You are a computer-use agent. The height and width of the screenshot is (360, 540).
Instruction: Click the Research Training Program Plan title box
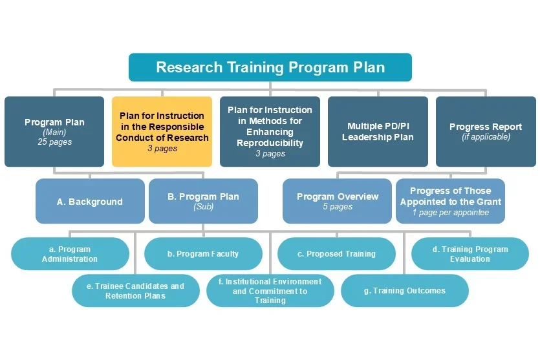[270, 67]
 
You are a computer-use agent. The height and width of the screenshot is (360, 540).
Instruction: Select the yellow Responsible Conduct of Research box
[162, 132]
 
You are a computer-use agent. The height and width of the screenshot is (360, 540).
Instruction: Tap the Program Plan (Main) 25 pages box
[54, 132]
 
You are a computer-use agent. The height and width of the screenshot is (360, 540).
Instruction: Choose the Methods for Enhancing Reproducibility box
[270, 132]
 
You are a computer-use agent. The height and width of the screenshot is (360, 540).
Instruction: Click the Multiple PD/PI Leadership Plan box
[378, 132]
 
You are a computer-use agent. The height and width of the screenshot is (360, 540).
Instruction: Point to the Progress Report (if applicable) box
[486, 132]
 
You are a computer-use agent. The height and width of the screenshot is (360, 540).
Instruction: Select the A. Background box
[89, 202]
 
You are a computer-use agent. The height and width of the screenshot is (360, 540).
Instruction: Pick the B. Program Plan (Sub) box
[203, 202]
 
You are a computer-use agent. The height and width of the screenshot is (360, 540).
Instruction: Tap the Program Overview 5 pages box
[337, 202]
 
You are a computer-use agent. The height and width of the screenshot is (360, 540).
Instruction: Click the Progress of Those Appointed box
[450, 202]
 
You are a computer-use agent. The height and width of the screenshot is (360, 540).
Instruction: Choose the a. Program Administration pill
[70, 254]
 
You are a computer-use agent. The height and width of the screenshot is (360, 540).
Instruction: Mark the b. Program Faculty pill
[202, 254]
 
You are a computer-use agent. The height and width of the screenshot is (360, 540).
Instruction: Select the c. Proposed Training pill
[336, 254]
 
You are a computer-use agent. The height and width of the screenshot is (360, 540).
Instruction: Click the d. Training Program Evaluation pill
[470, 254]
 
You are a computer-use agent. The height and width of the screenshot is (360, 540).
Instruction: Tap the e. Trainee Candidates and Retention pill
[136, 291]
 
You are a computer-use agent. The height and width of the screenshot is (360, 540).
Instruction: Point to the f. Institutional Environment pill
[270, 291]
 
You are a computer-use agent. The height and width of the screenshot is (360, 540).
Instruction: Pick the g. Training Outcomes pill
[404, 291]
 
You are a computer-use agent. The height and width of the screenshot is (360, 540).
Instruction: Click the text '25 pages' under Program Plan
[54, 142]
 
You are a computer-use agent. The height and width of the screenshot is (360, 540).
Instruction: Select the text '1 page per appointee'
[450, 213]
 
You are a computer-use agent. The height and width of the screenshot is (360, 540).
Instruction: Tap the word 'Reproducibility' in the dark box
[270, 143]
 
